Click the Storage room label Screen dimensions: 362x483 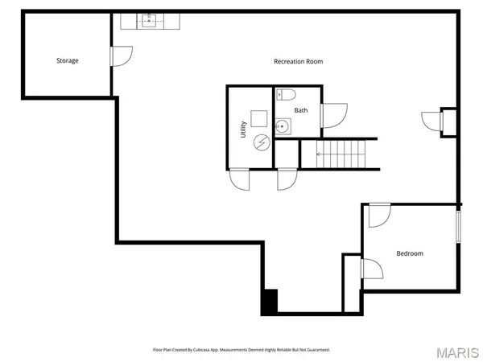click(x=67, y=60)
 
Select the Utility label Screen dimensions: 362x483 click(x=243, y=130)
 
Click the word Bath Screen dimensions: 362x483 click(x=300, y=110)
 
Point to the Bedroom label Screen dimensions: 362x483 click(x=409, y=253)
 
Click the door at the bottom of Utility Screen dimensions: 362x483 click(x=240, y=180)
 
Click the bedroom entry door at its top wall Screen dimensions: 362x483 click(x=379, y=214)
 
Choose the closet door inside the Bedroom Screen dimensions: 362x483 click(x=370, y=269)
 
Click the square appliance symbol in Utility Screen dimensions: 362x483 click(x=258, y=117)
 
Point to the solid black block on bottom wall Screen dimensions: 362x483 click(x=269, y=302)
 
